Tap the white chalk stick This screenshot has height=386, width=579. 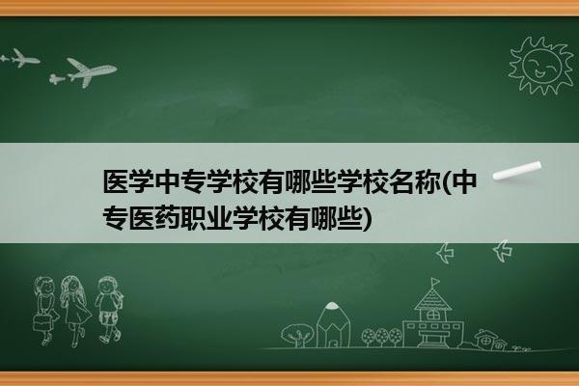point(517,171)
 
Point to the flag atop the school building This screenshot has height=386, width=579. point(435,282)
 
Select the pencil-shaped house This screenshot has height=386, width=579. point(333,324)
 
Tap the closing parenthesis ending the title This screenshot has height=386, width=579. point(367,219)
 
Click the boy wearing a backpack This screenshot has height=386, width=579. point(109,310)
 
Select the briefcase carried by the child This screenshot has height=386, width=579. point(41,322)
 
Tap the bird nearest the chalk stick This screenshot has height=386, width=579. point(502,250)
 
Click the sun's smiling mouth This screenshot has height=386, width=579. point(539,73)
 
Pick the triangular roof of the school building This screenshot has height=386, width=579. point(432,299)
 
